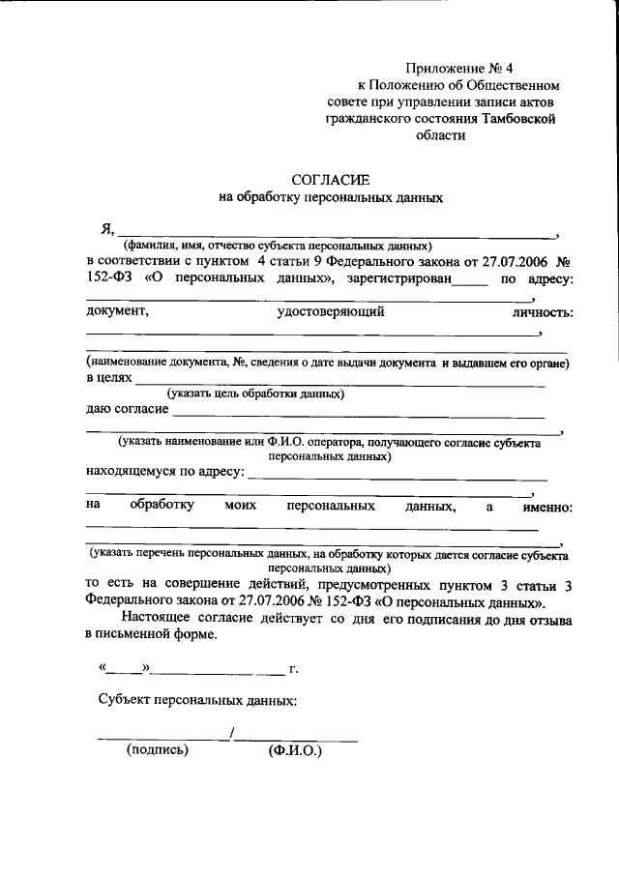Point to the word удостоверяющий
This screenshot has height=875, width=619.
click(x=331, y=312)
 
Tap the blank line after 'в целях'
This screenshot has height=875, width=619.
click(x=339, y=384)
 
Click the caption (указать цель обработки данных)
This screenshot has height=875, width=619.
click(x=255, y=394)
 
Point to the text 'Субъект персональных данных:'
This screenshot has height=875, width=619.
click(x=198, y=700)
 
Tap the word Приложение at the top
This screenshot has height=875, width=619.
click(x=444, y=69)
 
